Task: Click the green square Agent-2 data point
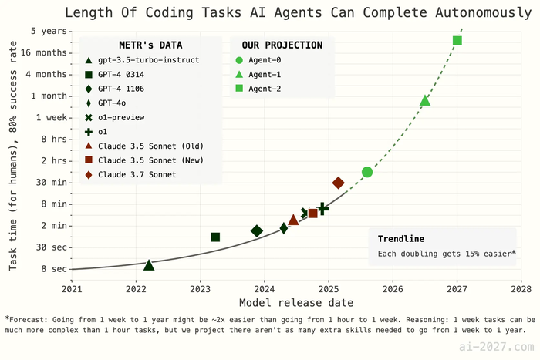click(457, 40)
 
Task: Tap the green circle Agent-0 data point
click(367, 172)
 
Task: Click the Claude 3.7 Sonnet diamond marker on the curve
click(338, 183)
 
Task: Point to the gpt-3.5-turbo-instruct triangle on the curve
click(149, 265)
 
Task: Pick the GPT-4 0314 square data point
click(215, 237)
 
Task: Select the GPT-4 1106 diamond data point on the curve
click(257, 231)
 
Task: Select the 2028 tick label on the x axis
click(521, 288)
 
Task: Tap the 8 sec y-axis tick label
click(52, 269)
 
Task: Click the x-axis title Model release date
click(296, 302)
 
